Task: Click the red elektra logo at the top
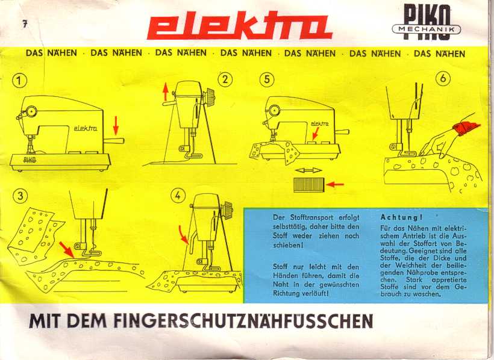pyautogui.click(x=239, y=26)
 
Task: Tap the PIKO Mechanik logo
pyautogui.click(x=427, y=23)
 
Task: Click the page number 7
pyautogui.click(x=25, y=24)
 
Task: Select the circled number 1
pyautogui.click(x=19, y=81)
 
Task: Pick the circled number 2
pyautogui.click(x=225, y=79)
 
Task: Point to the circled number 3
pyautogui.click(x=20, y=196)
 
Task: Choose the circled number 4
pyautogui.click(x=178, y=196)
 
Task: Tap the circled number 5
pyautogui.click(x=267, y=79)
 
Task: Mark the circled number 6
pyautogui.click(x=443, y=78)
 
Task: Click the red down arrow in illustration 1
pyautogui.click(x=116, y=125)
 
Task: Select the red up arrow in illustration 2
pyautogui.click(x=166, y=92)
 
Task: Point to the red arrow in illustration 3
pyautogui.click(x=66, y=249)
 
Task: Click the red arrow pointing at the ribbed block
pyautogui.click(x=335, y=184)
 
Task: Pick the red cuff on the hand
pyautogui.click(x=466, y=128)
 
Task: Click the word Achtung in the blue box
pyautogui.click(x=401, y=217)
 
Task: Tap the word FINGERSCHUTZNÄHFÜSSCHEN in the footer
pyautogui.click(x=243, y=321)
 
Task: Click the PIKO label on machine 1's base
pyautogui.click(x=30, y=160)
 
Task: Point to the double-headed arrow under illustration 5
pyautogui.click(x=308, y=171)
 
